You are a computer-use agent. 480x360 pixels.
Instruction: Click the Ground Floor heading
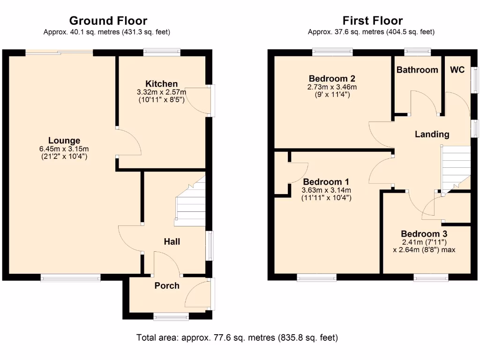(x=108, y=21)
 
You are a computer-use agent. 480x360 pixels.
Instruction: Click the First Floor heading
(x=372, y=21)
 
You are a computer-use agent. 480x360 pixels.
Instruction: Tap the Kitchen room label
(x=161, y=84)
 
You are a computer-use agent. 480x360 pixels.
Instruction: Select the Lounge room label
(x=64, y=140)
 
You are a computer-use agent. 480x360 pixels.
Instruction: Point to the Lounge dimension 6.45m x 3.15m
(x=64, y=149)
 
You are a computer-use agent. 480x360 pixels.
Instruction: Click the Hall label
(x=172, y=242)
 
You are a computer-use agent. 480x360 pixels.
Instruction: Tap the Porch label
(x=167, y=285)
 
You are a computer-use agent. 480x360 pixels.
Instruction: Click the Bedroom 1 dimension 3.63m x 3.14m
(x=326, y=190)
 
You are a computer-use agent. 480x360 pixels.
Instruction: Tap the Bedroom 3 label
(x=424, y=234)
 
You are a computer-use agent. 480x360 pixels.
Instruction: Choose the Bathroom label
(x=417, y=70)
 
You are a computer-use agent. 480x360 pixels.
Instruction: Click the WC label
(x=457, y=70)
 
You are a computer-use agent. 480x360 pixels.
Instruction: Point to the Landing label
(x=432, y=135)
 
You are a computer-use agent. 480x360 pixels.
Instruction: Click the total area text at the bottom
(x=237, y=337)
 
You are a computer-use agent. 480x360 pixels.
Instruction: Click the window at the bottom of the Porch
(x=171, y=317)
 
